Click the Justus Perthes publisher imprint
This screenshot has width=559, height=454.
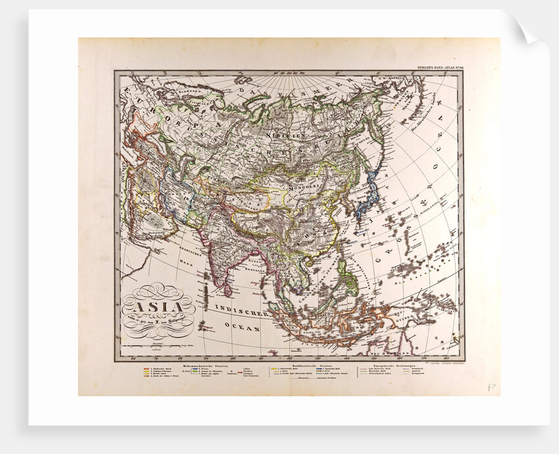coord(450,362)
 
